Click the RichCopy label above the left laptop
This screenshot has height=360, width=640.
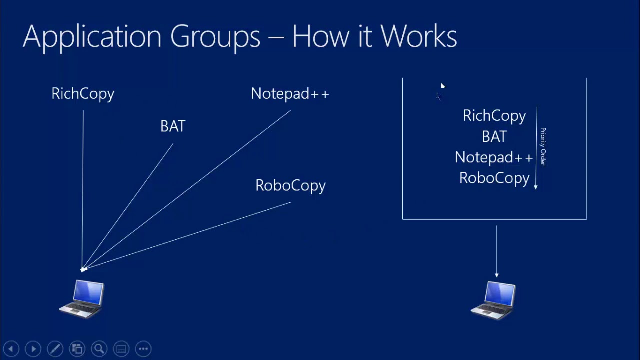tap(83, 94)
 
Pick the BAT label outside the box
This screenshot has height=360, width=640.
tap(173, 126)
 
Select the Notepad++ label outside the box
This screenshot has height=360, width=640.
tap(290, 94)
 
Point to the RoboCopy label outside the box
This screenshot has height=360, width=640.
tap(290, 185)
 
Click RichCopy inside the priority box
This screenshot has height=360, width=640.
tap(494, 116)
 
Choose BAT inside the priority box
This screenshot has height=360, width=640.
tap(494, 137)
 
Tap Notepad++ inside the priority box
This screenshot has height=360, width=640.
tap(493, 158)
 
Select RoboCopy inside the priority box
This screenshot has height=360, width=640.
tap(494, 178)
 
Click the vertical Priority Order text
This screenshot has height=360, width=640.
tap(543, 146)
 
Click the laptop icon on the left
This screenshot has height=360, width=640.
tap(82, 299)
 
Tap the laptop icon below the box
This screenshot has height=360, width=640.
tap(494, 300)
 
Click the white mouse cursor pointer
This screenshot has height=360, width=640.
tap(443, 86)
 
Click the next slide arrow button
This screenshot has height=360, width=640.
tap(33, 349)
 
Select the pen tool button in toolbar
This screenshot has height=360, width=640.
tap(55, 349)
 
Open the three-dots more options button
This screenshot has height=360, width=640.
tap(143, 349)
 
